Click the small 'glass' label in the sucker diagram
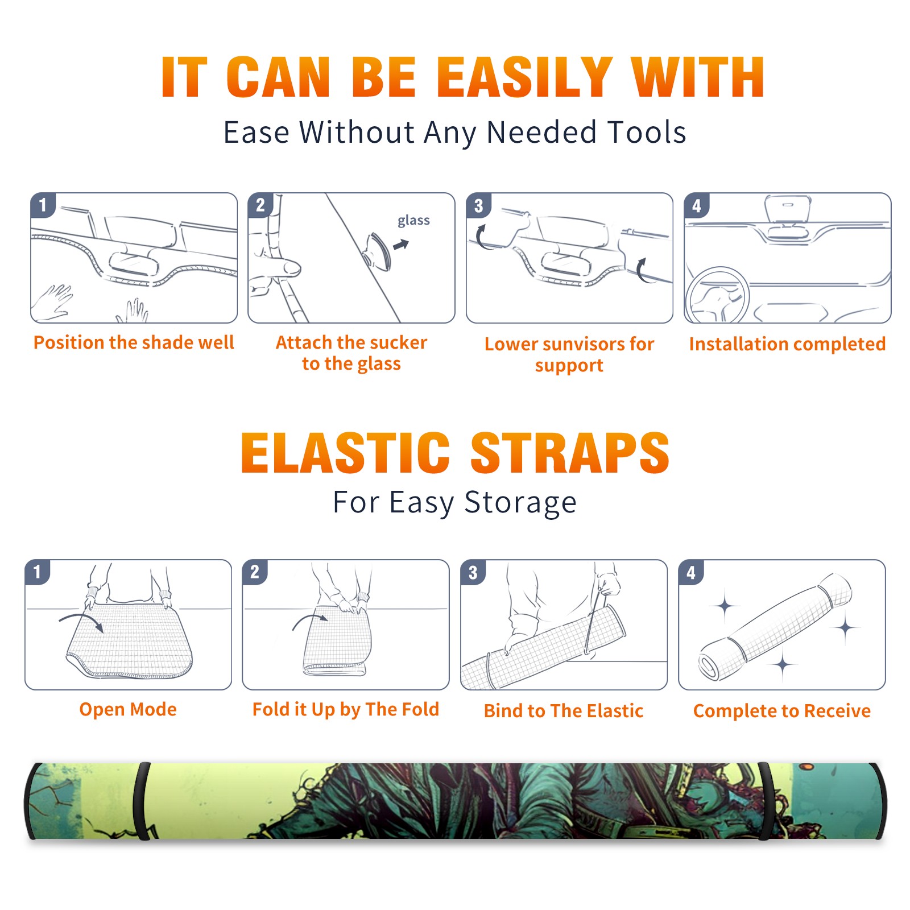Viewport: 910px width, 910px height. coord(413,220)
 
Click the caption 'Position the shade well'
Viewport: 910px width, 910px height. coord(134,342)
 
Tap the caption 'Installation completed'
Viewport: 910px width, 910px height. coord(787,344)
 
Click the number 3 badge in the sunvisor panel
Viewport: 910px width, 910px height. coord(478,205)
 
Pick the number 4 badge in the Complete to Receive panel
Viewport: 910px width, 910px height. coord(691,572)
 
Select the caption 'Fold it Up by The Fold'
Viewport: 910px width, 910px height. coord(346,710)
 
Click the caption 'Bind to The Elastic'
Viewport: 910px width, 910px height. coord(564,711)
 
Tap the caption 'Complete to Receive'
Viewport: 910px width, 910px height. coord(782,711)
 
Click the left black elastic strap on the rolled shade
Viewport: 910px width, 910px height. coord(142,801)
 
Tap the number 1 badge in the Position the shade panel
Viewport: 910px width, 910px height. coord(43,205)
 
